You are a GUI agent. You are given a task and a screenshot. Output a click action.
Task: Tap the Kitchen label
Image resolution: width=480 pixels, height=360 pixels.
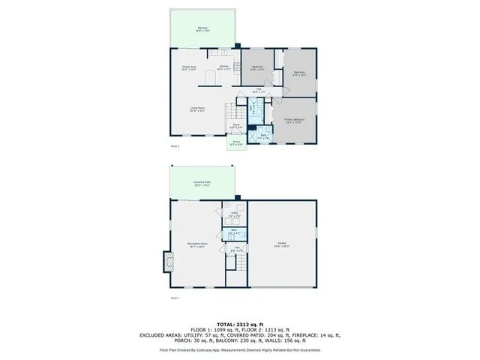pyautogui.click(x=223, y=68)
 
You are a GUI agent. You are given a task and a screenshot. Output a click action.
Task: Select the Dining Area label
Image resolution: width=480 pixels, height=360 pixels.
pyautogui.click(x=189, y=68)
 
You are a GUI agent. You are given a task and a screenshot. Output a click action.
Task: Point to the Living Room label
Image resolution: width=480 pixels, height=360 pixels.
pyautogui.click(x=196, y=109)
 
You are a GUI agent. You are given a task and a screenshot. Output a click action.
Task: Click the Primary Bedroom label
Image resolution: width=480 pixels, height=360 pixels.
pyautogui.click(x=293, y=121)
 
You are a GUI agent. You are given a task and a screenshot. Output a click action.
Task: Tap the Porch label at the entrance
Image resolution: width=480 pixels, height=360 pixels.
pyautogui.click(x=236, y=142)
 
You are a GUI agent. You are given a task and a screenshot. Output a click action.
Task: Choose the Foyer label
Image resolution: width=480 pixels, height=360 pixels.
pyautogui.click(x=235, y=126)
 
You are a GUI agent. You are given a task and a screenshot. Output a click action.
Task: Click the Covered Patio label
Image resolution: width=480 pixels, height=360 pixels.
pyautogui.click(x=202, y=183)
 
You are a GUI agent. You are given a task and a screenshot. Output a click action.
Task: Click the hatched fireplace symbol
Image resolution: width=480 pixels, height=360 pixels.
pyautogui.click(x=166, y=262)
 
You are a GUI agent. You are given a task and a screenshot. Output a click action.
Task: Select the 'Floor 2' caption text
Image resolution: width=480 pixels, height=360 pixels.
pyautogui.click(x=175, y=146)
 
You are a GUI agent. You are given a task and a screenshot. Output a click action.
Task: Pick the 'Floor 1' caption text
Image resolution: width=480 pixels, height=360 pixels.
pyautogui.click(x=175, y=298)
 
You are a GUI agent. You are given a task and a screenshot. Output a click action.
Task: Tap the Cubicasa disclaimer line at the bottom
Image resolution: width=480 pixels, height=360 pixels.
pyautogui.click(x=239, y=349)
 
